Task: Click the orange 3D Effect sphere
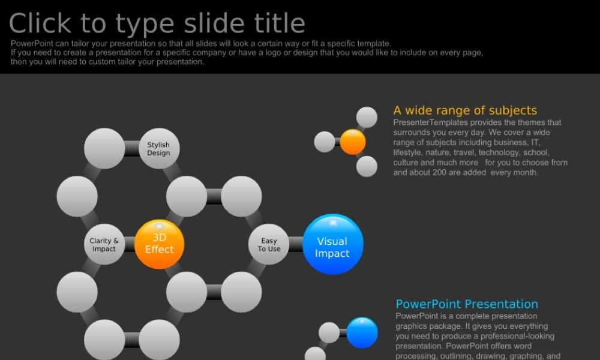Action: [159, 244]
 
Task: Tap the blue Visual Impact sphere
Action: [332, 244]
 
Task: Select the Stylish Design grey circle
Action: [159, 148]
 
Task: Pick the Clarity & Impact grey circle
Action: [104, 244]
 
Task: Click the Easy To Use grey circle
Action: [269, 244]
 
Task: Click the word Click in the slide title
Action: [40, 23]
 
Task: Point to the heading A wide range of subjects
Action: [465, 110]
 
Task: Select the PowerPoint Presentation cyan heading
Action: [466, 304]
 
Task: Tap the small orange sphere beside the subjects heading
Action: [353, 142]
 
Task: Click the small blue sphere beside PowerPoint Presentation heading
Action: [362, 332]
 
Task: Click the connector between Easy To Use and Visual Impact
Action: [296, 244]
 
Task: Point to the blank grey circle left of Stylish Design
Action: [104, 148]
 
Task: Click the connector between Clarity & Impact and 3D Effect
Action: [130, 244]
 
